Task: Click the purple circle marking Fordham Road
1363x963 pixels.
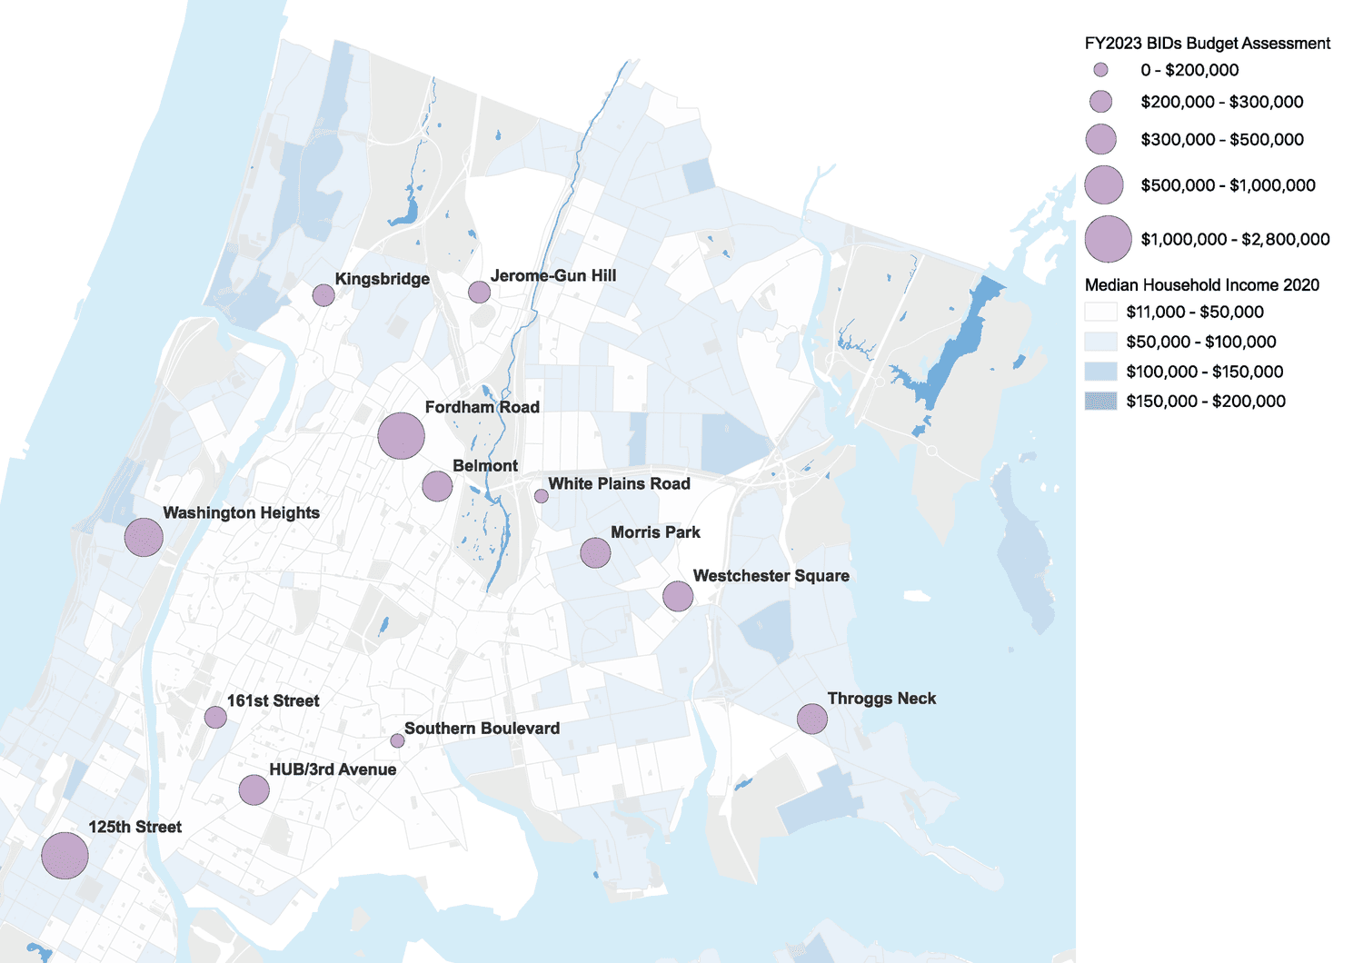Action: (401, 436)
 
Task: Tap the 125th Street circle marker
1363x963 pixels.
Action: (65, 855)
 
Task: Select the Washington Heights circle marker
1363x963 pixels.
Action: (144, 537)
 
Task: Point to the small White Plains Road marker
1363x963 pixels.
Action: (541, 496)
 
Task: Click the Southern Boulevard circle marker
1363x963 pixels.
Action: (397, 740)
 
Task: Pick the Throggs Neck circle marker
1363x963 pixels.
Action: (811, 719)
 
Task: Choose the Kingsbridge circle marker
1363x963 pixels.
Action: (323, 294)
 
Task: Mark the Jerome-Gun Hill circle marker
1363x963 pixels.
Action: (479, 292)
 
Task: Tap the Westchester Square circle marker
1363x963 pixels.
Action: (678, 596)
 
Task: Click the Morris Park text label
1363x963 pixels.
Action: (655, 532)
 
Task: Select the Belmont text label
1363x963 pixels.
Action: (485, 466)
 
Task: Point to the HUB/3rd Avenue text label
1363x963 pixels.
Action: (333, 769)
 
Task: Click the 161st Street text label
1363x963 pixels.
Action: (273, 700)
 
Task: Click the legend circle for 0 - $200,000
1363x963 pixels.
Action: (1100, 70)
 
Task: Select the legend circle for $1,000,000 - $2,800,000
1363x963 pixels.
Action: (1108, 239)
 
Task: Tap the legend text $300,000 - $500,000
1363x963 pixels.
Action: (1222, 140)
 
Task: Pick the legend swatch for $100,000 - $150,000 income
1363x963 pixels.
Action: (1100, 372)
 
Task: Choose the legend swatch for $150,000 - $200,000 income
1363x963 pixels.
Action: (1100, 401)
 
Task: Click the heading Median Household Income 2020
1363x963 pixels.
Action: (1201, 285)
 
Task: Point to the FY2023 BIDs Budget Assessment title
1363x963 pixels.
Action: (1207, 44)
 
